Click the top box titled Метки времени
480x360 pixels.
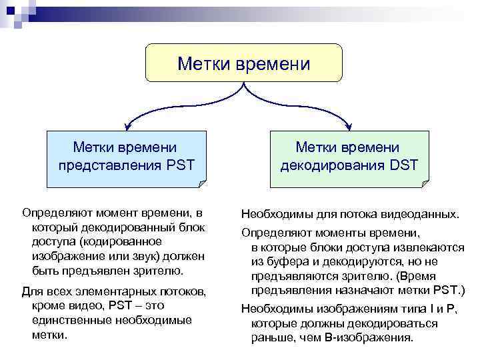click(243, 63)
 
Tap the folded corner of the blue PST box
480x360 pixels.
click(201, 182)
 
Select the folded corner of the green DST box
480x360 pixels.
click(424, 182)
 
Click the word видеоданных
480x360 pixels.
click(425, 214)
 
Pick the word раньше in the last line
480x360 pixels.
click(270, 337)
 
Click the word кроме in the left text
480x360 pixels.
click(47, 306)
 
